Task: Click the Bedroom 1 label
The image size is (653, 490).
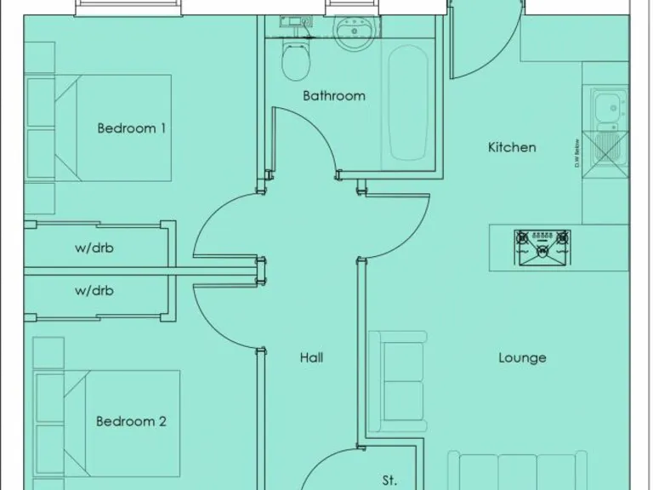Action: coord(131,128)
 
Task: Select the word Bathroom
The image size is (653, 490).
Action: coord(334,96)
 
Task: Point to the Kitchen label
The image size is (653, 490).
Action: coord(512,147)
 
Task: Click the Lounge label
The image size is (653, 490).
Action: coord(522,358)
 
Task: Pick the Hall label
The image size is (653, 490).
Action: coord(311,358)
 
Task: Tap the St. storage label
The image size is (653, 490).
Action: coord(389,481)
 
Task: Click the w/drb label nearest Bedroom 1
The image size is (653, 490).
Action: coord(94,249)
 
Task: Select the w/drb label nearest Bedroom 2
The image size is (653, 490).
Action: coord(94,291)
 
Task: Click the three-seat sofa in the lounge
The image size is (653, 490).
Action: coord(517,472)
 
